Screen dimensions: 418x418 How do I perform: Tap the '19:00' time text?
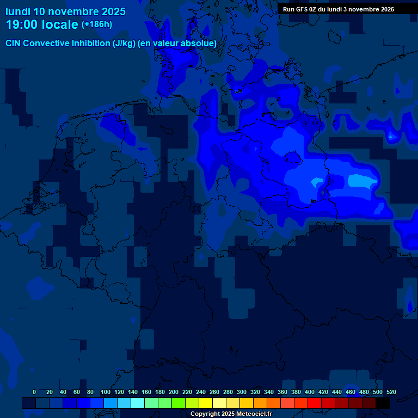[22, 24]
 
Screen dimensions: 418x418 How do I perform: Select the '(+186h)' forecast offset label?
[97, 24]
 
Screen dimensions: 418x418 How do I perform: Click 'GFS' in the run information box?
[302, 9]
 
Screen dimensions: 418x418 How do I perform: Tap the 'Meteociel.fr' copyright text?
[250, 414]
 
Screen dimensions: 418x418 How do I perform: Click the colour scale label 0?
[34, 392]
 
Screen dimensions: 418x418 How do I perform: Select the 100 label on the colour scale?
[105, 392]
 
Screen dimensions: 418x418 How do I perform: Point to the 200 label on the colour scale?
[174, 392]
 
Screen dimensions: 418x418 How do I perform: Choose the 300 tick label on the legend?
[242, 392]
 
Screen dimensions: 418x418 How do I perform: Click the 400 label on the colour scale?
[310, 392]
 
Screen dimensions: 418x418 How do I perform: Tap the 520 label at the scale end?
[391, 392]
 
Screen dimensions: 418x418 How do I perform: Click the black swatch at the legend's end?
[383, 403]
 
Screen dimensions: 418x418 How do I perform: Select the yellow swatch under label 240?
[206, 403]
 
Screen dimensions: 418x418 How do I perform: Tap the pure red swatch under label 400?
[315, 403]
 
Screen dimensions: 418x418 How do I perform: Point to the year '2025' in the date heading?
[111, 11]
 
